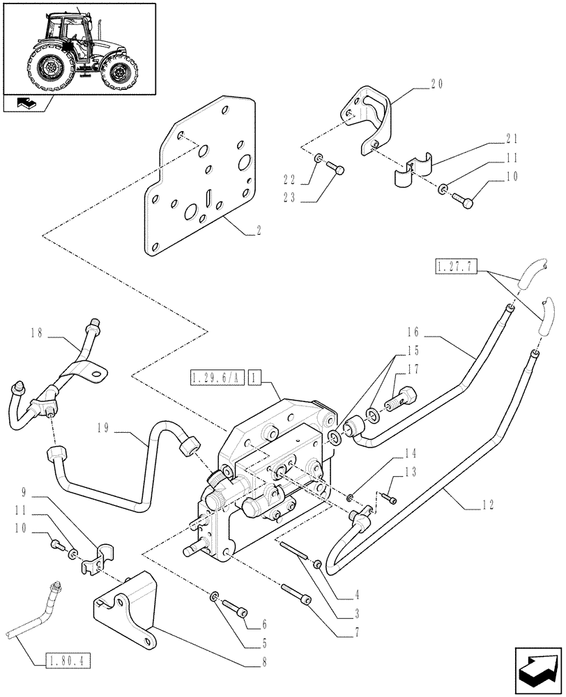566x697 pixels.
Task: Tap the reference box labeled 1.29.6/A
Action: pyautogui.click(x=215, y=378)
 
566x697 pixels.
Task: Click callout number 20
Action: pyautogui.click(x=436, y=84)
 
